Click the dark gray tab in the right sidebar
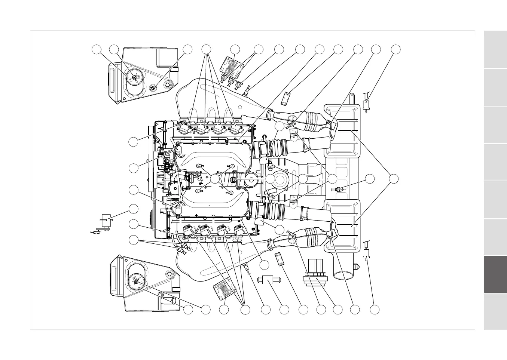point(495,274)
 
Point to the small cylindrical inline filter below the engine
point(267,279)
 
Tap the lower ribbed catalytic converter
point(317,237)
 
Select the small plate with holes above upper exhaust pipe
point(286,98)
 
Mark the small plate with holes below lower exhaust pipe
point(280,258)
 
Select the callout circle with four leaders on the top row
point(206,49)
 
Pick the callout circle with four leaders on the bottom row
point(245,310)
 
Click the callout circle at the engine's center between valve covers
point(215,179)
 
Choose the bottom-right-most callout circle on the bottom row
point(375,310)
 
